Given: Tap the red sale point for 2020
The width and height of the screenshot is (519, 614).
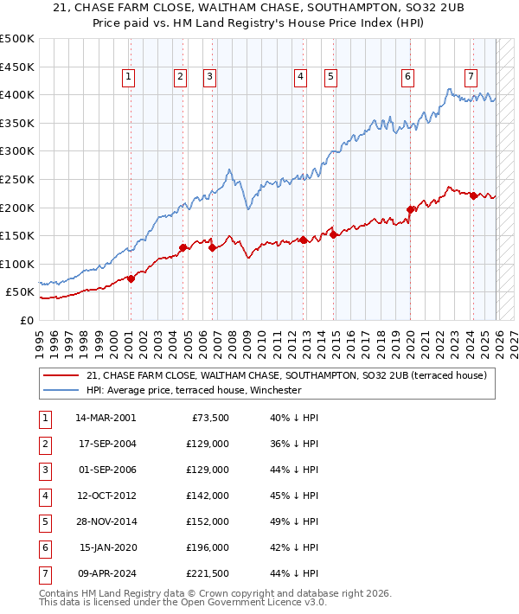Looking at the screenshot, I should coord(410,208).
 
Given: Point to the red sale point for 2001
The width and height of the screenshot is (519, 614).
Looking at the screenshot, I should coord(131,278).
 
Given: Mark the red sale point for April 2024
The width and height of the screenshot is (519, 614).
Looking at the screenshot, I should coord(473,195).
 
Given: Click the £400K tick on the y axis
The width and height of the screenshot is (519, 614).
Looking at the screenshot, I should coord(17,94).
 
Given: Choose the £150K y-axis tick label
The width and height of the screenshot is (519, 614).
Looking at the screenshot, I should coord(17,235).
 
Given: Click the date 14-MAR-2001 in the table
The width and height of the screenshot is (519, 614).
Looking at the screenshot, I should coord(106,417).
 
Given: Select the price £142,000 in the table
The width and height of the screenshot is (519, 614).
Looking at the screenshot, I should coord(208,496).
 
